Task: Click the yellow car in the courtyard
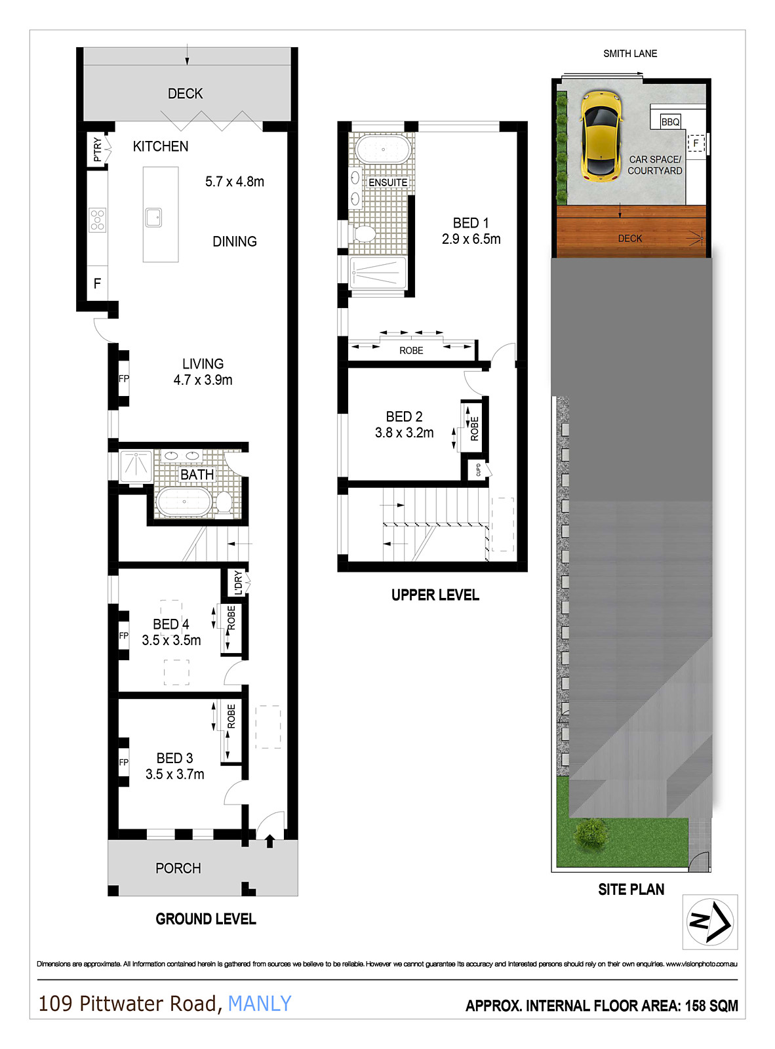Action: click(x=600, y=136)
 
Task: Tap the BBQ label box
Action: click(x=670, y=122)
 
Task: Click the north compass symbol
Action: click(x=709, y=921)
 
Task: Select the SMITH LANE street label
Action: click(x=630, y=54)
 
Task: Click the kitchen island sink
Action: click(x=153, y=217)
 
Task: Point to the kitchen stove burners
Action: click(x=98, y=220)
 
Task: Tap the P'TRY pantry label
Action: click(x=98, y=149)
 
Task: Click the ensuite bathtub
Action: click(x=384, y=149)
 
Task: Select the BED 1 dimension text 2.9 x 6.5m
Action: click(x=471, y=239)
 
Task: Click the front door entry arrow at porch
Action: click(x=269, y=841)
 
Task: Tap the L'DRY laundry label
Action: click(x=238, y=582)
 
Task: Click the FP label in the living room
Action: click(x=123, y=379)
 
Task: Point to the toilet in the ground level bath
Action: click(x=224, y=503)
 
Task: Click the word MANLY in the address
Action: click(x=260, y=1004)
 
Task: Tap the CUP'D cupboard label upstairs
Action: click(x=478, y=469)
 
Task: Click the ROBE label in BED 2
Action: click(x=475, y=429)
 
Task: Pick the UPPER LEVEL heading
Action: click(x=435, y=595)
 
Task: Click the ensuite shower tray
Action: click(x=378, y=272)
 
